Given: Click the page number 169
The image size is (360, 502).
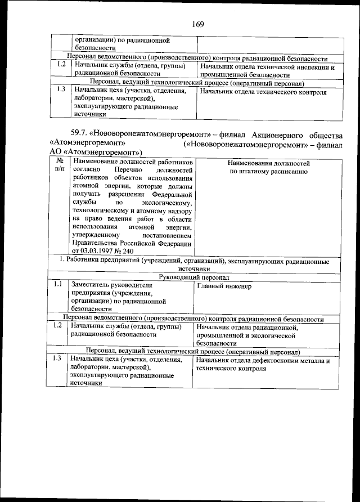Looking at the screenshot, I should (197, 24).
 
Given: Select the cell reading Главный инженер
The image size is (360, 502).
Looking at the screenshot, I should (224, 286).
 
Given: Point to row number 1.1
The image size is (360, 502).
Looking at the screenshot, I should (57, 285).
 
